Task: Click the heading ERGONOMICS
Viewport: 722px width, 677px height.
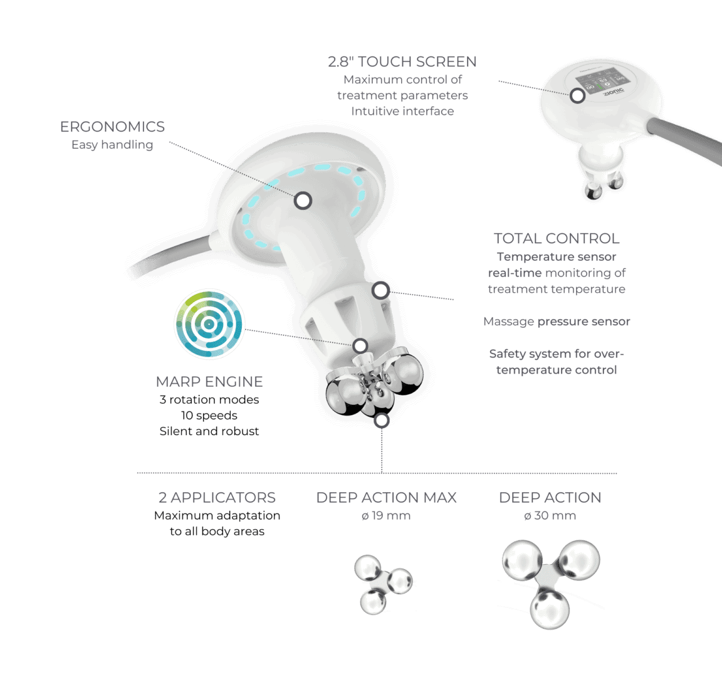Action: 112,127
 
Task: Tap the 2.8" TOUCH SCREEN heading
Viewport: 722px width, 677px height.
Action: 402,61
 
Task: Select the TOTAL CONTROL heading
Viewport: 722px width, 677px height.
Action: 557,239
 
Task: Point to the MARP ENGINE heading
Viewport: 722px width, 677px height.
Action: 209,382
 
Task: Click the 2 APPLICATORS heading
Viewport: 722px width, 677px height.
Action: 217,497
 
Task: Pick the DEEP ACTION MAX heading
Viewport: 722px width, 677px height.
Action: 386,497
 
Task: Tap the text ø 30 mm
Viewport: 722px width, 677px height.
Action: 550,516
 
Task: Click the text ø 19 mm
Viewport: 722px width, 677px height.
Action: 386,516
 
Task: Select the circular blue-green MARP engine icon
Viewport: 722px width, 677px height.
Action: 209,324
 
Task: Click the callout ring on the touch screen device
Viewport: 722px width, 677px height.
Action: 577,96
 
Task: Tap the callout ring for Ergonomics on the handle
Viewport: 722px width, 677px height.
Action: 303,201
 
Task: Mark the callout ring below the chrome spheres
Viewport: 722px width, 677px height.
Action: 382,421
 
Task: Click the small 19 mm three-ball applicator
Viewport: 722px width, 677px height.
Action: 383,584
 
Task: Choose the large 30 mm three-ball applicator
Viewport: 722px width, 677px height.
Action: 550,584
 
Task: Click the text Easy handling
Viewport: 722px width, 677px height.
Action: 112,145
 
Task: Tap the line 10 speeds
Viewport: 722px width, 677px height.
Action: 209,416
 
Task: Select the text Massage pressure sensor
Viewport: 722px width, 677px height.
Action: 557,322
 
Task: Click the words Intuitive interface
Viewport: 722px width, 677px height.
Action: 402,112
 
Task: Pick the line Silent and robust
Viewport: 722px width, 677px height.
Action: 209,431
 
